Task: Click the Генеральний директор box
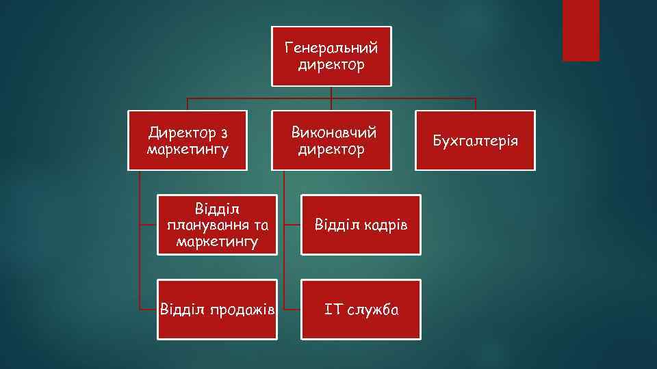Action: pos(331,57)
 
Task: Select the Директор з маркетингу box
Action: pos(188,140)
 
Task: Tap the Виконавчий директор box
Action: pos(331,140)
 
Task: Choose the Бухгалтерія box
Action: pos(476,140)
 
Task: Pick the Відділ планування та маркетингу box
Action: pos(217,225)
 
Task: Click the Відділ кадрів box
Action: pos(361,225)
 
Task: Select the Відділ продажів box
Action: pos(217,309)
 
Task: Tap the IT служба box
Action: pos(361,309)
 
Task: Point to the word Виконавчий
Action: pos(334,132)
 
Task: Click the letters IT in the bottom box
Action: pos(333,310)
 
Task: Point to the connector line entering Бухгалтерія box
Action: pos(476,105)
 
